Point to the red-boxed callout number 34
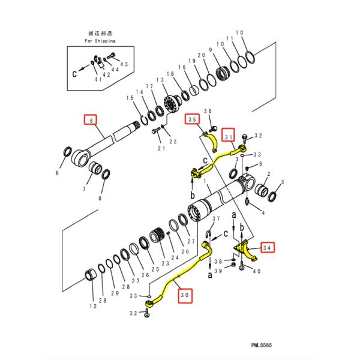click(x=268, y=246)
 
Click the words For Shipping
click(x=100, y=41)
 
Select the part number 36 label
click(x=208, y=111)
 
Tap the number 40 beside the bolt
click(x=257, y=271)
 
